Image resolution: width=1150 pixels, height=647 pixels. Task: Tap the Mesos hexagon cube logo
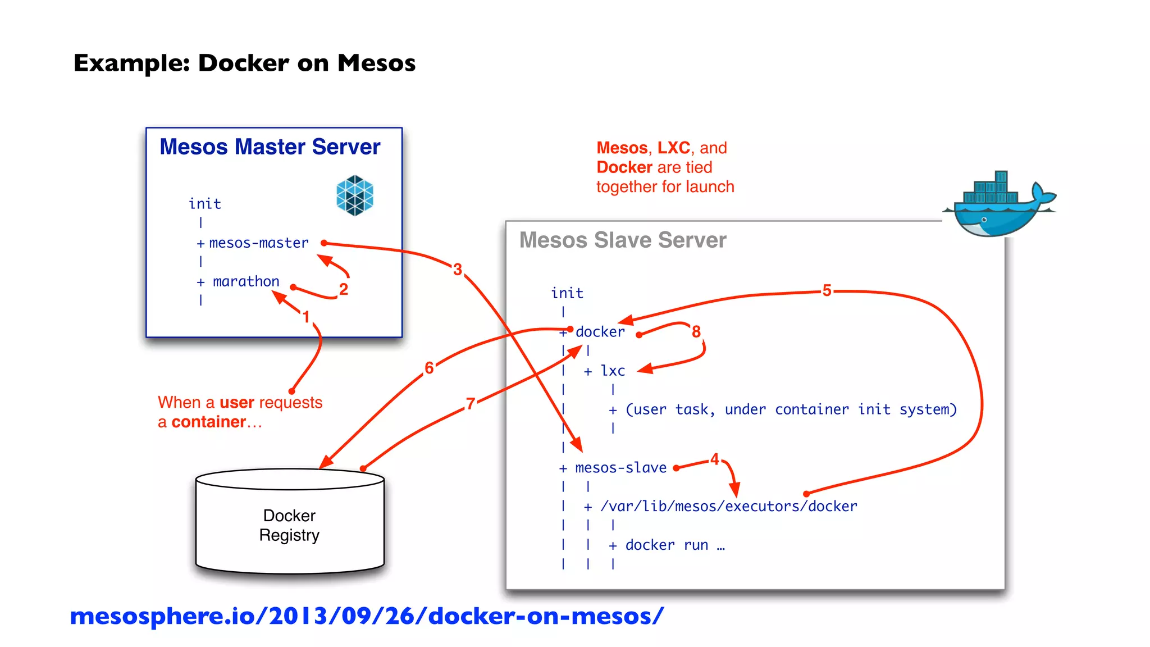(354, 195)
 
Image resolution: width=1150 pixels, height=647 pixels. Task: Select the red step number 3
(458, 270)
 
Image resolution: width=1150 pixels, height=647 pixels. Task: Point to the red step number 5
(827, 290)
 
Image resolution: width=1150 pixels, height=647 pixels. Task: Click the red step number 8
(696, 332)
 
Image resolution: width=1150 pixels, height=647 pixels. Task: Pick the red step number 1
(306, 317)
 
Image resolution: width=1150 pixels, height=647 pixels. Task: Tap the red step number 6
(429, 368)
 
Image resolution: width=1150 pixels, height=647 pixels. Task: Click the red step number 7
(471, 403)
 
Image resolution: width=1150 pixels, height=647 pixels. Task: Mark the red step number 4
(714, 459)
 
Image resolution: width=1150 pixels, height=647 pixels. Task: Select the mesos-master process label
(258, 243)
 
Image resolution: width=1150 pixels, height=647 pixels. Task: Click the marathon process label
(246, 281)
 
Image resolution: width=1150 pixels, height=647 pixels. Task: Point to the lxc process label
(613, 371)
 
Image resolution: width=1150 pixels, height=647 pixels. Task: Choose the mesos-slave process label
(620, 468)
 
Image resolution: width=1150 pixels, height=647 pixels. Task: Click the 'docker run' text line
(674, 545)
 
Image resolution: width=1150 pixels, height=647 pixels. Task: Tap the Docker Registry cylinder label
(289, 525)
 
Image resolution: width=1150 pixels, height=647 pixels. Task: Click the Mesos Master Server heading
(270, 147)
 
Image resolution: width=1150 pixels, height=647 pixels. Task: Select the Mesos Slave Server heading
(622, 240)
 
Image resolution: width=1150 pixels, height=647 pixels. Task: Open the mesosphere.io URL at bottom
(366, 616)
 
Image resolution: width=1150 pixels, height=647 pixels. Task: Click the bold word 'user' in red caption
(237, 403)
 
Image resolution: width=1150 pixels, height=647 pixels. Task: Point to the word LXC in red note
(673, 148)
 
